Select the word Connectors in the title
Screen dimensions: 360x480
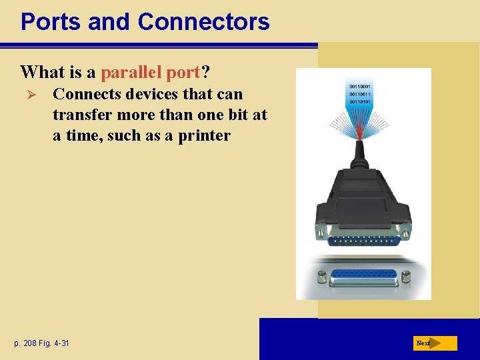click(203, 22)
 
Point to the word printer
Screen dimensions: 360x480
click(204, 135)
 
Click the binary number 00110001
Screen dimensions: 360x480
click(361, 87)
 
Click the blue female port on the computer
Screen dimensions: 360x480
click(363, 275)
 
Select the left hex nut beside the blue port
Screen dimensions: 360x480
click(322, 275)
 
